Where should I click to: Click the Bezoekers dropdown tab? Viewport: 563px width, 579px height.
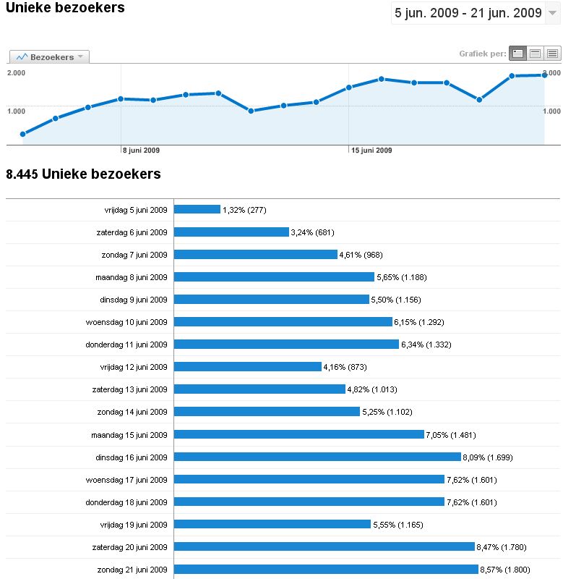49,56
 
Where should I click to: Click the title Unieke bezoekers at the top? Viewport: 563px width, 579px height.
65,8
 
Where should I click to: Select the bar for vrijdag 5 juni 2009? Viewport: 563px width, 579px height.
197,209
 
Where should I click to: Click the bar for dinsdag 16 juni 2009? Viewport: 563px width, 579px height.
317,457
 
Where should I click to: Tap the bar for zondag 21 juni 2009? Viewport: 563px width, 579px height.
326,570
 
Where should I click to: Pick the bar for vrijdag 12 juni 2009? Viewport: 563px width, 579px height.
248,367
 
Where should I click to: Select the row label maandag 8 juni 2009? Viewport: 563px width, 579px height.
132,277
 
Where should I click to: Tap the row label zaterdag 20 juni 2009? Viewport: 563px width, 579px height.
131,547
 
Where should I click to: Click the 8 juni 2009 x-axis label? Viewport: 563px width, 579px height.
141,151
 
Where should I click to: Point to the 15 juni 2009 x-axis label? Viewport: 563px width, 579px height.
371,151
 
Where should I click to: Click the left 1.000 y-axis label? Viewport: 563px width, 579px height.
17,111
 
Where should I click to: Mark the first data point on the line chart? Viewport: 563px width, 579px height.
23,134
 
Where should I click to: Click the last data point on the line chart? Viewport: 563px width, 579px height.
544,75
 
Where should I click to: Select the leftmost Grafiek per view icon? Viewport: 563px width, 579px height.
517,54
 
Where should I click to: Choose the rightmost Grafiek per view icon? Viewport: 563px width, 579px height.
553,54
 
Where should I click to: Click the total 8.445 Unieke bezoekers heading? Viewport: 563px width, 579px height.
83,174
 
